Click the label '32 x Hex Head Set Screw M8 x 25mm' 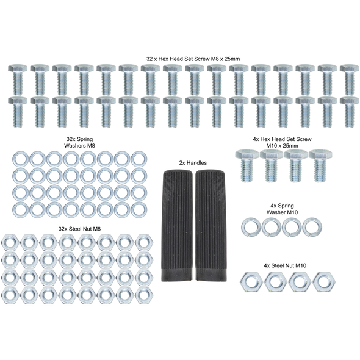pyautogui.click(x=193, y=59)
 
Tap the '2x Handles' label pyautogui.click(x=193, y=163)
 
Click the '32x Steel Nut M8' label pyautogui.click(x=79, y=229)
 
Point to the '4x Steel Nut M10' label pyautogui.click(x=285, y=265)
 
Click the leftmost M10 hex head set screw pyautogui.click(x=247, y=165)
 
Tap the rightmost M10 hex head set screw pyautogui.click(x=320, y=166)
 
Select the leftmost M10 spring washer pyautogui.click(x=251, y=228)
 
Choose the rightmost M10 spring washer pyautogui.click(x=312, y=227)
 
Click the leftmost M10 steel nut pyautogui.click(x=251, y=282)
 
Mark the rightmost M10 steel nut pyautogui.click(x=324, y=282)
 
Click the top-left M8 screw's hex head pyautogui.click(x=18, y=68)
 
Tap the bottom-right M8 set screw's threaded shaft pyautogui.click(x=350, y=115)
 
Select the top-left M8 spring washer pyautogui.click(x=20, y=159)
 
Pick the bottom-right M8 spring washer pyautogui.click(x=139, y=210)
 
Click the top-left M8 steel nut pyautogui.click(x=10, y=243)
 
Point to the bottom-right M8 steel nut pyautogui.click(x=144, y=295)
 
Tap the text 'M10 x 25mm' pyautogui.click(x=282, y=146)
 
